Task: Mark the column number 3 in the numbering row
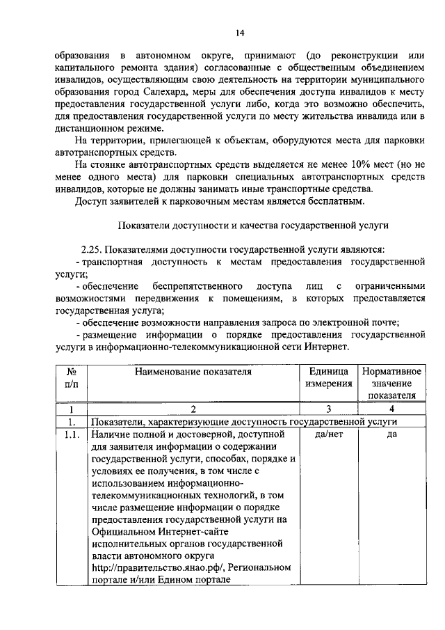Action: click(327, 409)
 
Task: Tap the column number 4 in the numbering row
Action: click(392, 409)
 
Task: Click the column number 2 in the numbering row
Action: click(193, 409)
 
